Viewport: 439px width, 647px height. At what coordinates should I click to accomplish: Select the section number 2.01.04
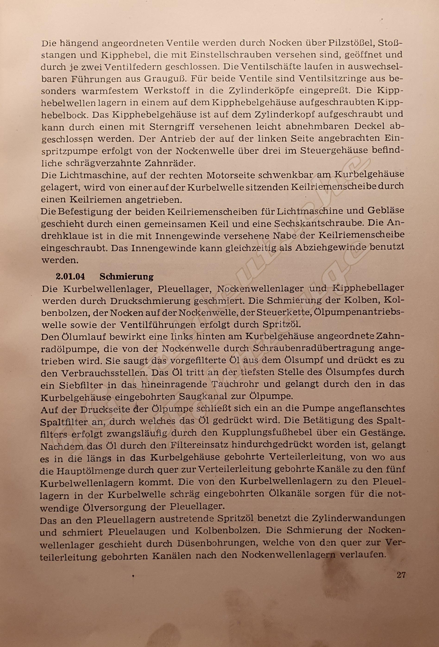tap(70, 277)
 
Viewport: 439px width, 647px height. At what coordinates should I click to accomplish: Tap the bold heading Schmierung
tap(126, 277)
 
